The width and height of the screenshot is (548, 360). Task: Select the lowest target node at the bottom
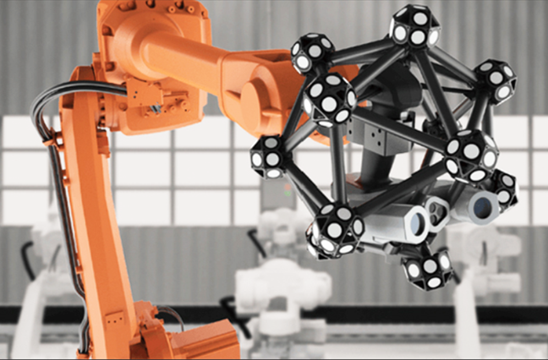pyautogui.click(x=428, y=269)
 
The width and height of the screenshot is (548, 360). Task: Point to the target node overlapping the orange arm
pyautogui.click(x=328, y=97)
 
